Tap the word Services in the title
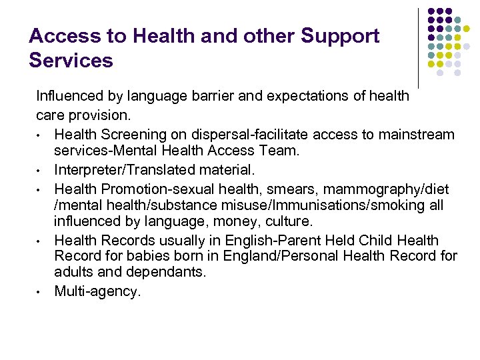(71, 61)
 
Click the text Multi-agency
(97, 291)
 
